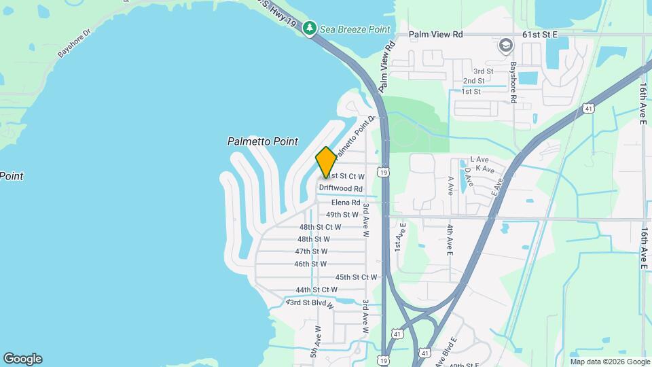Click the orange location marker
326,162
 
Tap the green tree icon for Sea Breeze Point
310,29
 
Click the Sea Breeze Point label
356,29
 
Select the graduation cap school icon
505,46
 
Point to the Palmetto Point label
262,141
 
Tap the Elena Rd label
346,203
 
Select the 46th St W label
310,264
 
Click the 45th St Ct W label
356,277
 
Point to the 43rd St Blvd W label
310,303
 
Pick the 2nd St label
473,81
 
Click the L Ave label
479,159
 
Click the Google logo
22,359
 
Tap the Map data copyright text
610,361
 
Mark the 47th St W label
312,251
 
